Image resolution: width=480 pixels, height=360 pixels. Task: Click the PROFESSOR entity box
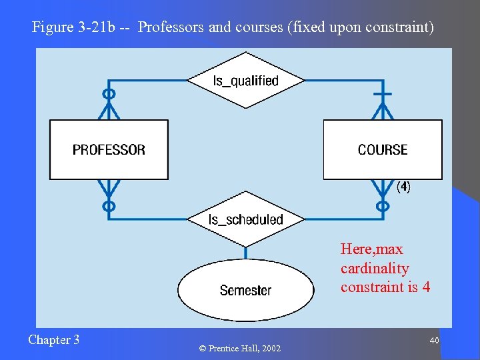[x=109, y=149]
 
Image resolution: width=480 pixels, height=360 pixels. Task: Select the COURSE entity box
[x=383, y=149]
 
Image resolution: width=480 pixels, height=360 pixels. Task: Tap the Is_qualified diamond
[x=245, y=81]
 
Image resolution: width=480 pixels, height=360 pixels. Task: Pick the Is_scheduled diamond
[x=245, y=219]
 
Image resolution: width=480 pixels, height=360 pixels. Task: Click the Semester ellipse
[x=245, y=290]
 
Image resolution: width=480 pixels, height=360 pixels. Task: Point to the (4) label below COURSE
[x=403, y=187]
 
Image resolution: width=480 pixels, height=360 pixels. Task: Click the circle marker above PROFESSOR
[x=109, y=94]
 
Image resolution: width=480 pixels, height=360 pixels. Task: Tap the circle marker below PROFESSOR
[x=109, y=206]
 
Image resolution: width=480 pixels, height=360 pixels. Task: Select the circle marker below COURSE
[x=383, y=206]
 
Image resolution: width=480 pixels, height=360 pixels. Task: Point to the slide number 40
[x=434, y=341]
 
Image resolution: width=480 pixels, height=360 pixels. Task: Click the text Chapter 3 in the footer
[x=53, y=340]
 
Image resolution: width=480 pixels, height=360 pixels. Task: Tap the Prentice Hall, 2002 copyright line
[x=240, y=349]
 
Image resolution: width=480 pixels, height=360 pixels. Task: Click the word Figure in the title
[x=53, y=28]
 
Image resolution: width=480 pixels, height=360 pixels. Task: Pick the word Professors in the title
[x=172, y=28]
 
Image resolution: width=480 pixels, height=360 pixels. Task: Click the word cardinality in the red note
[x=375, y=268]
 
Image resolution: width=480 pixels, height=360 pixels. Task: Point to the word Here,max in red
[x=371, y=249]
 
